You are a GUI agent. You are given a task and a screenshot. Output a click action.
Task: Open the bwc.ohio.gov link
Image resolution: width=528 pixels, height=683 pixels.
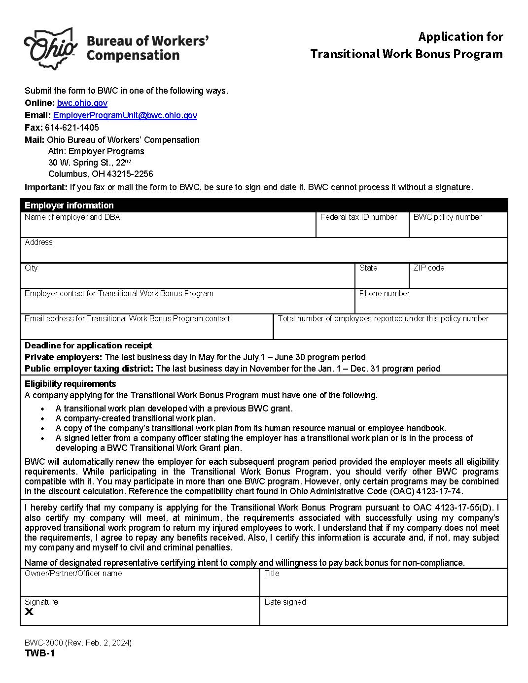(82, 103)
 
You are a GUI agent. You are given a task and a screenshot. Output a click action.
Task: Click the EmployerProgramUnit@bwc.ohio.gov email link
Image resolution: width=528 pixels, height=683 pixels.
(125, 115)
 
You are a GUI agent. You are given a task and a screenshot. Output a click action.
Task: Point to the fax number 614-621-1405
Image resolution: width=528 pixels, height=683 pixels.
(72, 128)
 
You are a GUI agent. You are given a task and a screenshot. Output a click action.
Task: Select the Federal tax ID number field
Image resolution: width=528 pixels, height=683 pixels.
(362, 228)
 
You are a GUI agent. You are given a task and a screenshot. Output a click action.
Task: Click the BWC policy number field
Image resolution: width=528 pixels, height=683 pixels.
(458, 228)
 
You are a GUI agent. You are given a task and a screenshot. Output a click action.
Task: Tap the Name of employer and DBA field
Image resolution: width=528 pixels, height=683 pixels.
(168, 228)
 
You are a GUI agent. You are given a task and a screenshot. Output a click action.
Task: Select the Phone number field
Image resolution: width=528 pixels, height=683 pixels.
(431, 305)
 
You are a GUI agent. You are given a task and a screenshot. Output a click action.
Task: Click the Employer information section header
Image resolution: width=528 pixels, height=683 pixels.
(69, 205)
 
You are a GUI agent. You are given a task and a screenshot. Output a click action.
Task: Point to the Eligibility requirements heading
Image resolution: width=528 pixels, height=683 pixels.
(70, 384)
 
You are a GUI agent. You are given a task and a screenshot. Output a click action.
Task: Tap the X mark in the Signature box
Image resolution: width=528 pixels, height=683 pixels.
(29, 612)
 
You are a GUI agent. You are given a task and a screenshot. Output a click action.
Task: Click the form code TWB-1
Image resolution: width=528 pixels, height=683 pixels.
(39, 653)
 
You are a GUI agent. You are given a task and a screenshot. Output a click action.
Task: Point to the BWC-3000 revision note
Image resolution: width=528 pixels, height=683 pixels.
(78, 643)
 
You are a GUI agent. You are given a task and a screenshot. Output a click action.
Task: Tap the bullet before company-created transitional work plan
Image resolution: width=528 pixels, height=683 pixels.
(43, 419)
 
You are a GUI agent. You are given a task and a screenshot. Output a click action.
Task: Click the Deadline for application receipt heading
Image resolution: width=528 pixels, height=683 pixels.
(88, 345)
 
